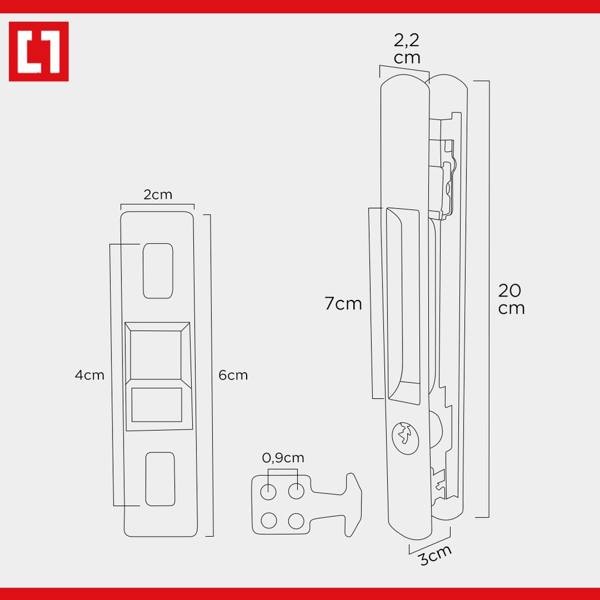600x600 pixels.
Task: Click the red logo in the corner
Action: pyautogui.click(x=39, y=52)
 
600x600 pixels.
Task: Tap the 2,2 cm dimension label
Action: pyautogui.click(x=407, y=49)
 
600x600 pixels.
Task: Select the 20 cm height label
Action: pyautogui.click(x=511, y=299)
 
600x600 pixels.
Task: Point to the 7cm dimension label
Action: pyautogui.click(x=343, y=304)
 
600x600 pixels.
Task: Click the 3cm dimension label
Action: pyautogui.click(x=435, y=554)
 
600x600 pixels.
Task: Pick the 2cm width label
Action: pyautogui.click(x=158, y=195)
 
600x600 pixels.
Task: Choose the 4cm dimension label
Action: pyautogui.click(x=90, y=375)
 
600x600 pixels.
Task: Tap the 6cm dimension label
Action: pyautogui.click(x=233, y=375)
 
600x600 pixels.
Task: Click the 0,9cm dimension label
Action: pyautogui.click(x=283, y=458)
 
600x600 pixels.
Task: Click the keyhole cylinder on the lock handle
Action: pyautogui.click(x=405, y=438)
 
